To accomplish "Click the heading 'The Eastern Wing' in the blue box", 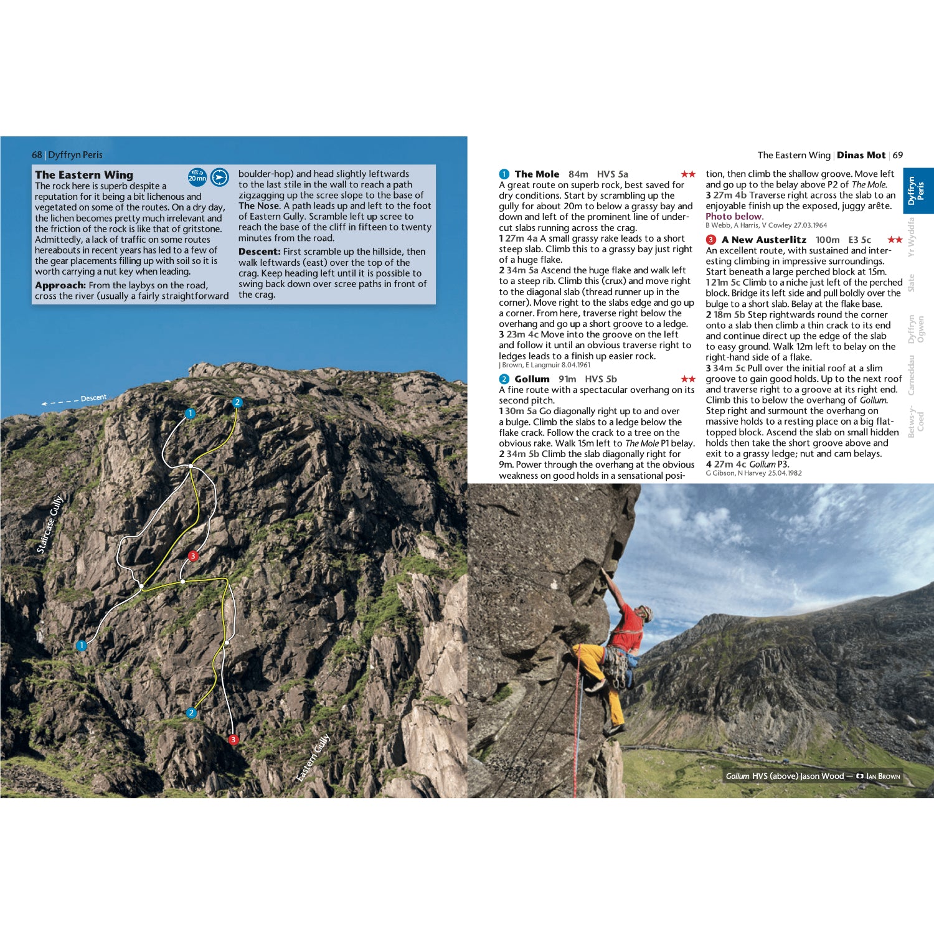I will click(x=84, y=175).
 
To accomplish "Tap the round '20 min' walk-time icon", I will click(x=197, y=177).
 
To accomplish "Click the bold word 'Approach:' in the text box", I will click(x=60, y=285).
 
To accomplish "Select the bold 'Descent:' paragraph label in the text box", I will click(x=260, y=252).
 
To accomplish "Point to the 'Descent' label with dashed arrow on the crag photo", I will click(x=93, y=398).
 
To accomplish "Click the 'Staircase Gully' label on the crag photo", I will click(x=50, y=524).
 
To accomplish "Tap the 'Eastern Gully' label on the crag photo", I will click(x=313, y=757).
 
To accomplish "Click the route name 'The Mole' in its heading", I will click(x=537, y=174).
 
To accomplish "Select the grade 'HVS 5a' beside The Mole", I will click(x=612, y=174).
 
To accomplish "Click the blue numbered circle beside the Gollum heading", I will click(x=504, y=379).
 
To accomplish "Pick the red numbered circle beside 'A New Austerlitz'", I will click(x=711, y=240).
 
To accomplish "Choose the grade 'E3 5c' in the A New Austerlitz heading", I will click(x=859, y=240).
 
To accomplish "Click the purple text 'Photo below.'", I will click(x=734, y=217).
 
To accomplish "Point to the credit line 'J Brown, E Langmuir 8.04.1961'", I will click(x=544, y=366).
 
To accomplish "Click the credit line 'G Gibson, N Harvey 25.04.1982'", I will click(x=753, y=473).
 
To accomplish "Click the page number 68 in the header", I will click(x=37, y=155).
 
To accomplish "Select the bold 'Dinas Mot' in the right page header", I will click(x=861, y=155).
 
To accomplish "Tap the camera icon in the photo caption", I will click(x=860, y=776).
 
